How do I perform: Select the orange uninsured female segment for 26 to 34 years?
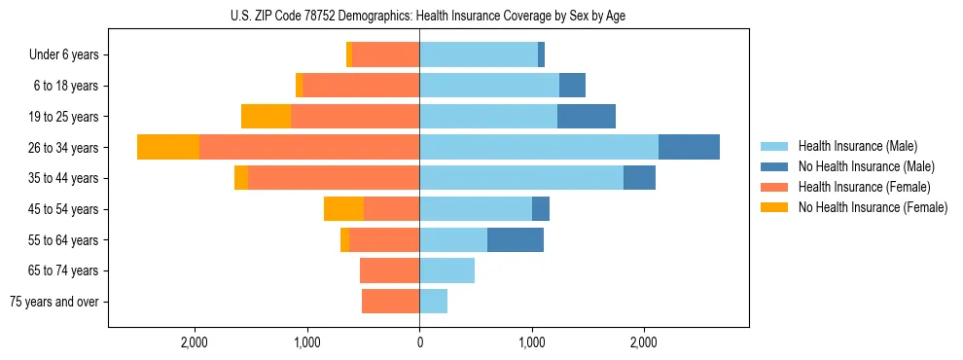click(168, 147)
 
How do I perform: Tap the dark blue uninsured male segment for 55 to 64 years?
click(516, 239)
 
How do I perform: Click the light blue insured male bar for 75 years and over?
click(433, 302)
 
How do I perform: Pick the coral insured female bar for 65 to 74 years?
click(389, 270)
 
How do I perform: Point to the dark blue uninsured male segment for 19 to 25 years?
click(587, 117)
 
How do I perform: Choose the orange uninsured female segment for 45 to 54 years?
click(343, 208)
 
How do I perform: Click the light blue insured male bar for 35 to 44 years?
click(521, 178)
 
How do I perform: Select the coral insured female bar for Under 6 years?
click(386, 54)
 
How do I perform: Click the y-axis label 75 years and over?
click(54, 302)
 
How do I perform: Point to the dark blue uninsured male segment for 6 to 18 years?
click(572, 86)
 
